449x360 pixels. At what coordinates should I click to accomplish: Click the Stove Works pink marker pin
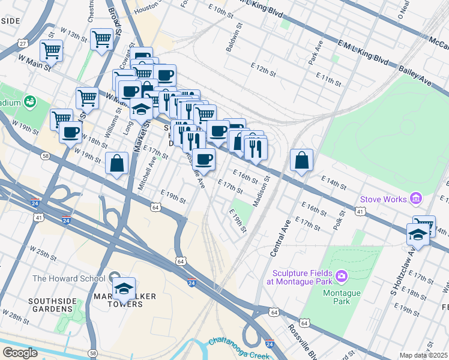[415, 199]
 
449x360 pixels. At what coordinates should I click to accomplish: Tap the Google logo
[20, 353]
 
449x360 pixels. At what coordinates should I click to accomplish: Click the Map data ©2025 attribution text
[423, 355]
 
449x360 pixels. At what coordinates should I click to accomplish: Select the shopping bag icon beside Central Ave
[301, 161]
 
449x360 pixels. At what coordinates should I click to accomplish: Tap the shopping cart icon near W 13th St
[101, 40]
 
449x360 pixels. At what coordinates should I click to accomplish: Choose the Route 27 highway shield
[23, 44]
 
